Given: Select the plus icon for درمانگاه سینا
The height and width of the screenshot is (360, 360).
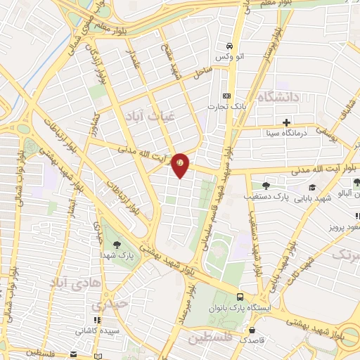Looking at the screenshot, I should click(287, 122).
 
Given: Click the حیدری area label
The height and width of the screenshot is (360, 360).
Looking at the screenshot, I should click(111, 304).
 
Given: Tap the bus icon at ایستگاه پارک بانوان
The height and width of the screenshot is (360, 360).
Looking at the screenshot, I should click(240, 297).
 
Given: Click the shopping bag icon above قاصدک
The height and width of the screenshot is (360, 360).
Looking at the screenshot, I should click(250, 328).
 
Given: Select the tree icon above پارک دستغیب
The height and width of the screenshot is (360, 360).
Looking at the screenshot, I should click(257, 186).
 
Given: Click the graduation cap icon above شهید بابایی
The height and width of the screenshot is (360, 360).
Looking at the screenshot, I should click(312, 188).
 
